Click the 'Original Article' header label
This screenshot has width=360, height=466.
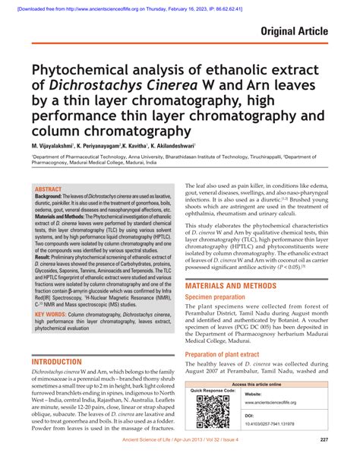point(294,32)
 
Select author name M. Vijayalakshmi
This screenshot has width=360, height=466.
point(52,144)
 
